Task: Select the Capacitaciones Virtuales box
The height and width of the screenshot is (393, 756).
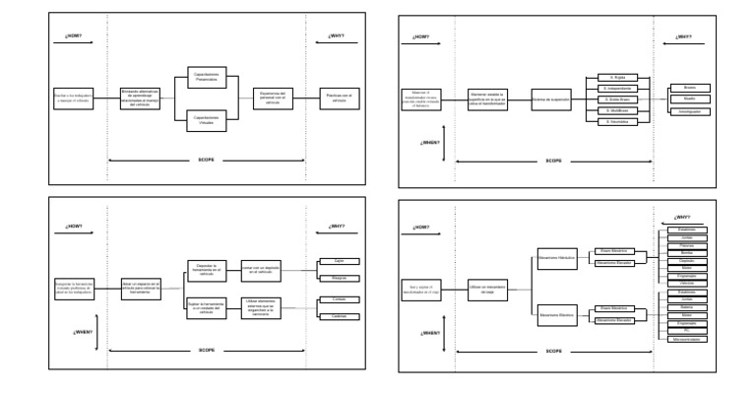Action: click(207, 119)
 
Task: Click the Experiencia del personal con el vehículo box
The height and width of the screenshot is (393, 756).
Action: click(272, 97)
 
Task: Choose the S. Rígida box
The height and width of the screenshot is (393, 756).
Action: click(619, 76)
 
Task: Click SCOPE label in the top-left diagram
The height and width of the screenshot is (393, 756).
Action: click(207, 159)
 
